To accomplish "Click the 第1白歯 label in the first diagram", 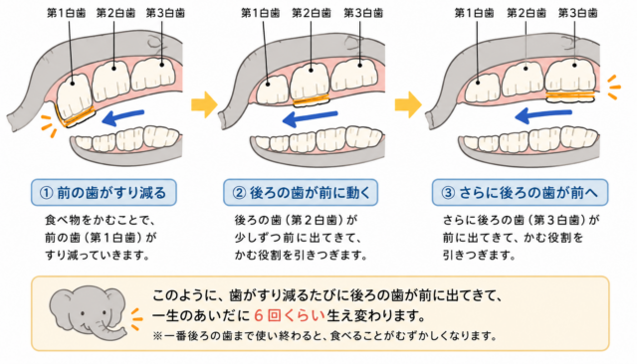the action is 67,13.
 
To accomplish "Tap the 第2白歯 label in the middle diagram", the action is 312,13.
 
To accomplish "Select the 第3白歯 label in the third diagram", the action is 577,13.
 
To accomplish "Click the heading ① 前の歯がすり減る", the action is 104,192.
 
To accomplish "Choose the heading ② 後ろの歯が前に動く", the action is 301,192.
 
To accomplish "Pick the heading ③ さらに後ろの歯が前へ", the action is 520,192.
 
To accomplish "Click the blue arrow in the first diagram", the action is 122,117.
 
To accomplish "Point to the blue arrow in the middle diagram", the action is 310,118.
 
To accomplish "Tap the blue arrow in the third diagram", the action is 542,114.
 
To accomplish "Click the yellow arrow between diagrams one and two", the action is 204,104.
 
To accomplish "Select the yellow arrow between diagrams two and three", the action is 408,104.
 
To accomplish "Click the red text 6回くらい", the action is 290,315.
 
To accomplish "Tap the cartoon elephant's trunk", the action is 115,331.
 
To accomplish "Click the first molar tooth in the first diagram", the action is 76,99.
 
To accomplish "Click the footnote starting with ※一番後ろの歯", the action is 325,336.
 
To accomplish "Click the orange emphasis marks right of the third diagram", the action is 614,87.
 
